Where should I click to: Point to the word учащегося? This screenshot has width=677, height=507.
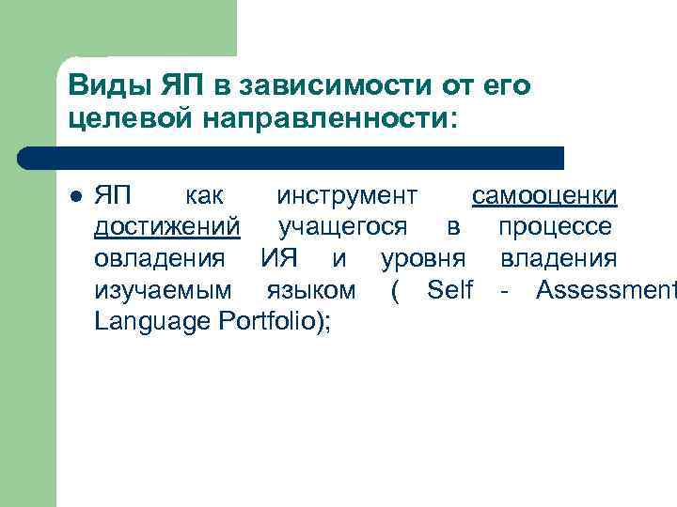(x=342, y=226)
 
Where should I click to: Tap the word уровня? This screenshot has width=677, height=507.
(x=422, y=257)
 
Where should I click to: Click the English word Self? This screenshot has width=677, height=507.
(x=449, y=289)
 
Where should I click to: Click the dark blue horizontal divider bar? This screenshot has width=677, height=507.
(x=291, y=158)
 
